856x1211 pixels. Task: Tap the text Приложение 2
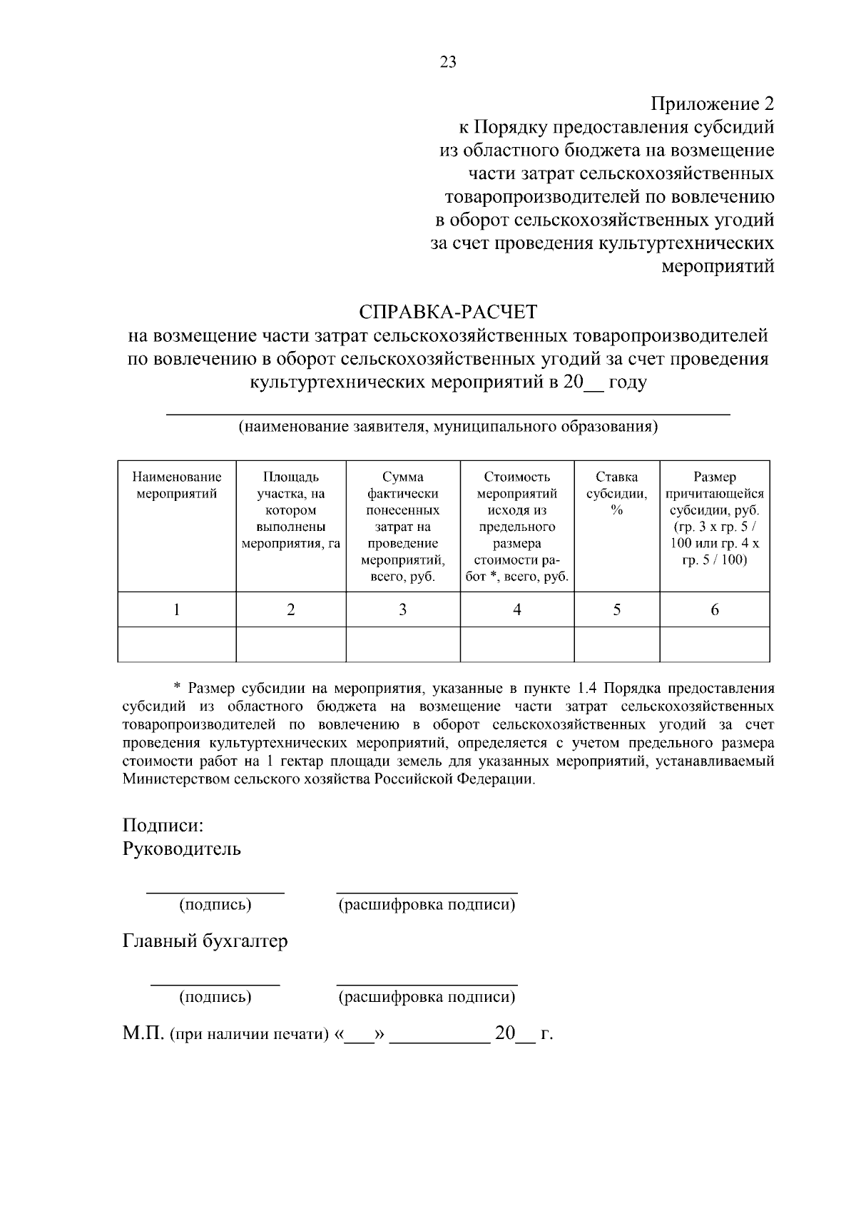(x=712, y=104)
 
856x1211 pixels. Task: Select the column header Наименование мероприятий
(x=176, y=485)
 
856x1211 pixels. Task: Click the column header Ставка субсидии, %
(x=616, y=493)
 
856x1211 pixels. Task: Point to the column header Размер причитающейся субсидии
(x=714, y=518)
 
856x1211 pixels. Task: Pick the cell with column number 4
(x=516, y=609)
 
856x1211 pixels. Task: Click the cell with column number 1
(x=176, y=609)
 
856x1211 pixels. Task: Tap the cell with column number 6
(x=714, y=609)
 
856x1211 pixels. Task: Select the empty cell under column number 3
(x=402, y=644)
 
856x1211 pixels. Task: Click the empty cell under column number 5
(x=616, y=644)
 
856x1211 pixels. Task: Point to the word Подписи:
(x=163, y=826)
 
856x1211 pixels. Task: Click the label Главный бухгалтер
(x=205, y=941)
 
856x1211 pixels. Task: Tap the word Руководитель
(x=181, y=849)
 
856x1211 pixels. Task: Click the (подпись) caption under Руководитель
(x=215, y=905)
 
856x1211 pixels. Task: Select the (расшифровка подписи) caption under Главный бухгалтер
(x=427, y=997)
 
